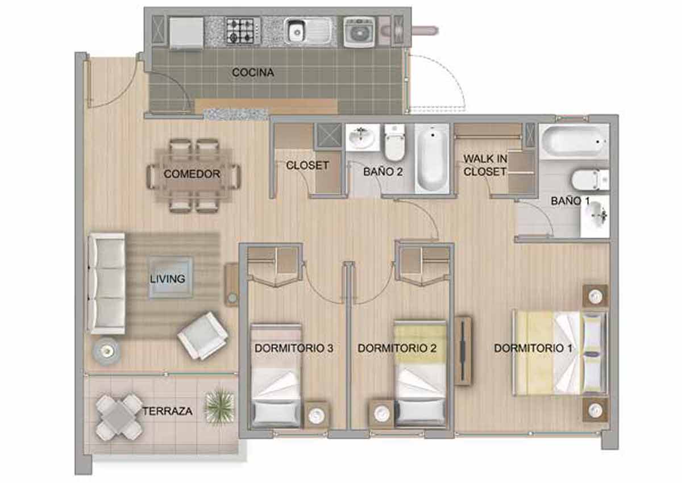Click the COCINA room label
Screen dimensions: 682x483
click(x=253, y=72)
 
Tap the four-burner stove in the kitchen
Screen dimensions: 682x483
click(x=243, y=31)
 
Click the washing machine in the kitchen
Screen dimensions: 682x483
click(x=359, y=32)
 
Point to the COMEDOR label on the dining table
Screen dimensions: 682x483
click(x=192, y=174)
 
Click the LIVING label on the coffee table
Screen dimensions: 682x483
click(x=168, y=279)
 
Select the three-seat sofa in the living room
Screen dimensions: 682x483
click(x=107, y=284)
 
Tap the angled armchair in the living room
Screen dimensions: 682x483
click(x=203, y=335)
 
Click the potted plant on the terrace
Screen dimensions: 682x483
click(x=219, y=406)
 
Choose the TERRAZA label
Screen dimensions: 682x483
click(x=168, y=411)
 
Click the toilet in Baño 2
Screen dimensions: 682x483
click(x=394, y=143)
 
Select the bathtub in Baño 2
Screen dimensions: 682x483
click(x=431, y=159)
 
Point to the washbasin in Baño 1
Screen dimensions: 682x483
click(x=594, y=216)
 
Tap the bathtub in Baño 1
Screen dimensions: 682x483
click(x=574, y=142)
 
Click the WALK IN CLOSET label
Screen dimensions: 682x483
click(x=485, y=165)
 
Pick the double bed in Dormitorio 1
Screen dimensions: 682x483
click(x=560, y=353)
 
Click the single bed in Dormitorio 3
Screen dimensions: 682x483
click(x=276, y=376)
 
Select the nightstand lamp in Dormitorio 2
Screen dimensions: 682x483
click(x=381, y=414)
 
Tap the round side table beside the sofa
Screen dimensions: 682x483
click(x=107, y=352)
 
